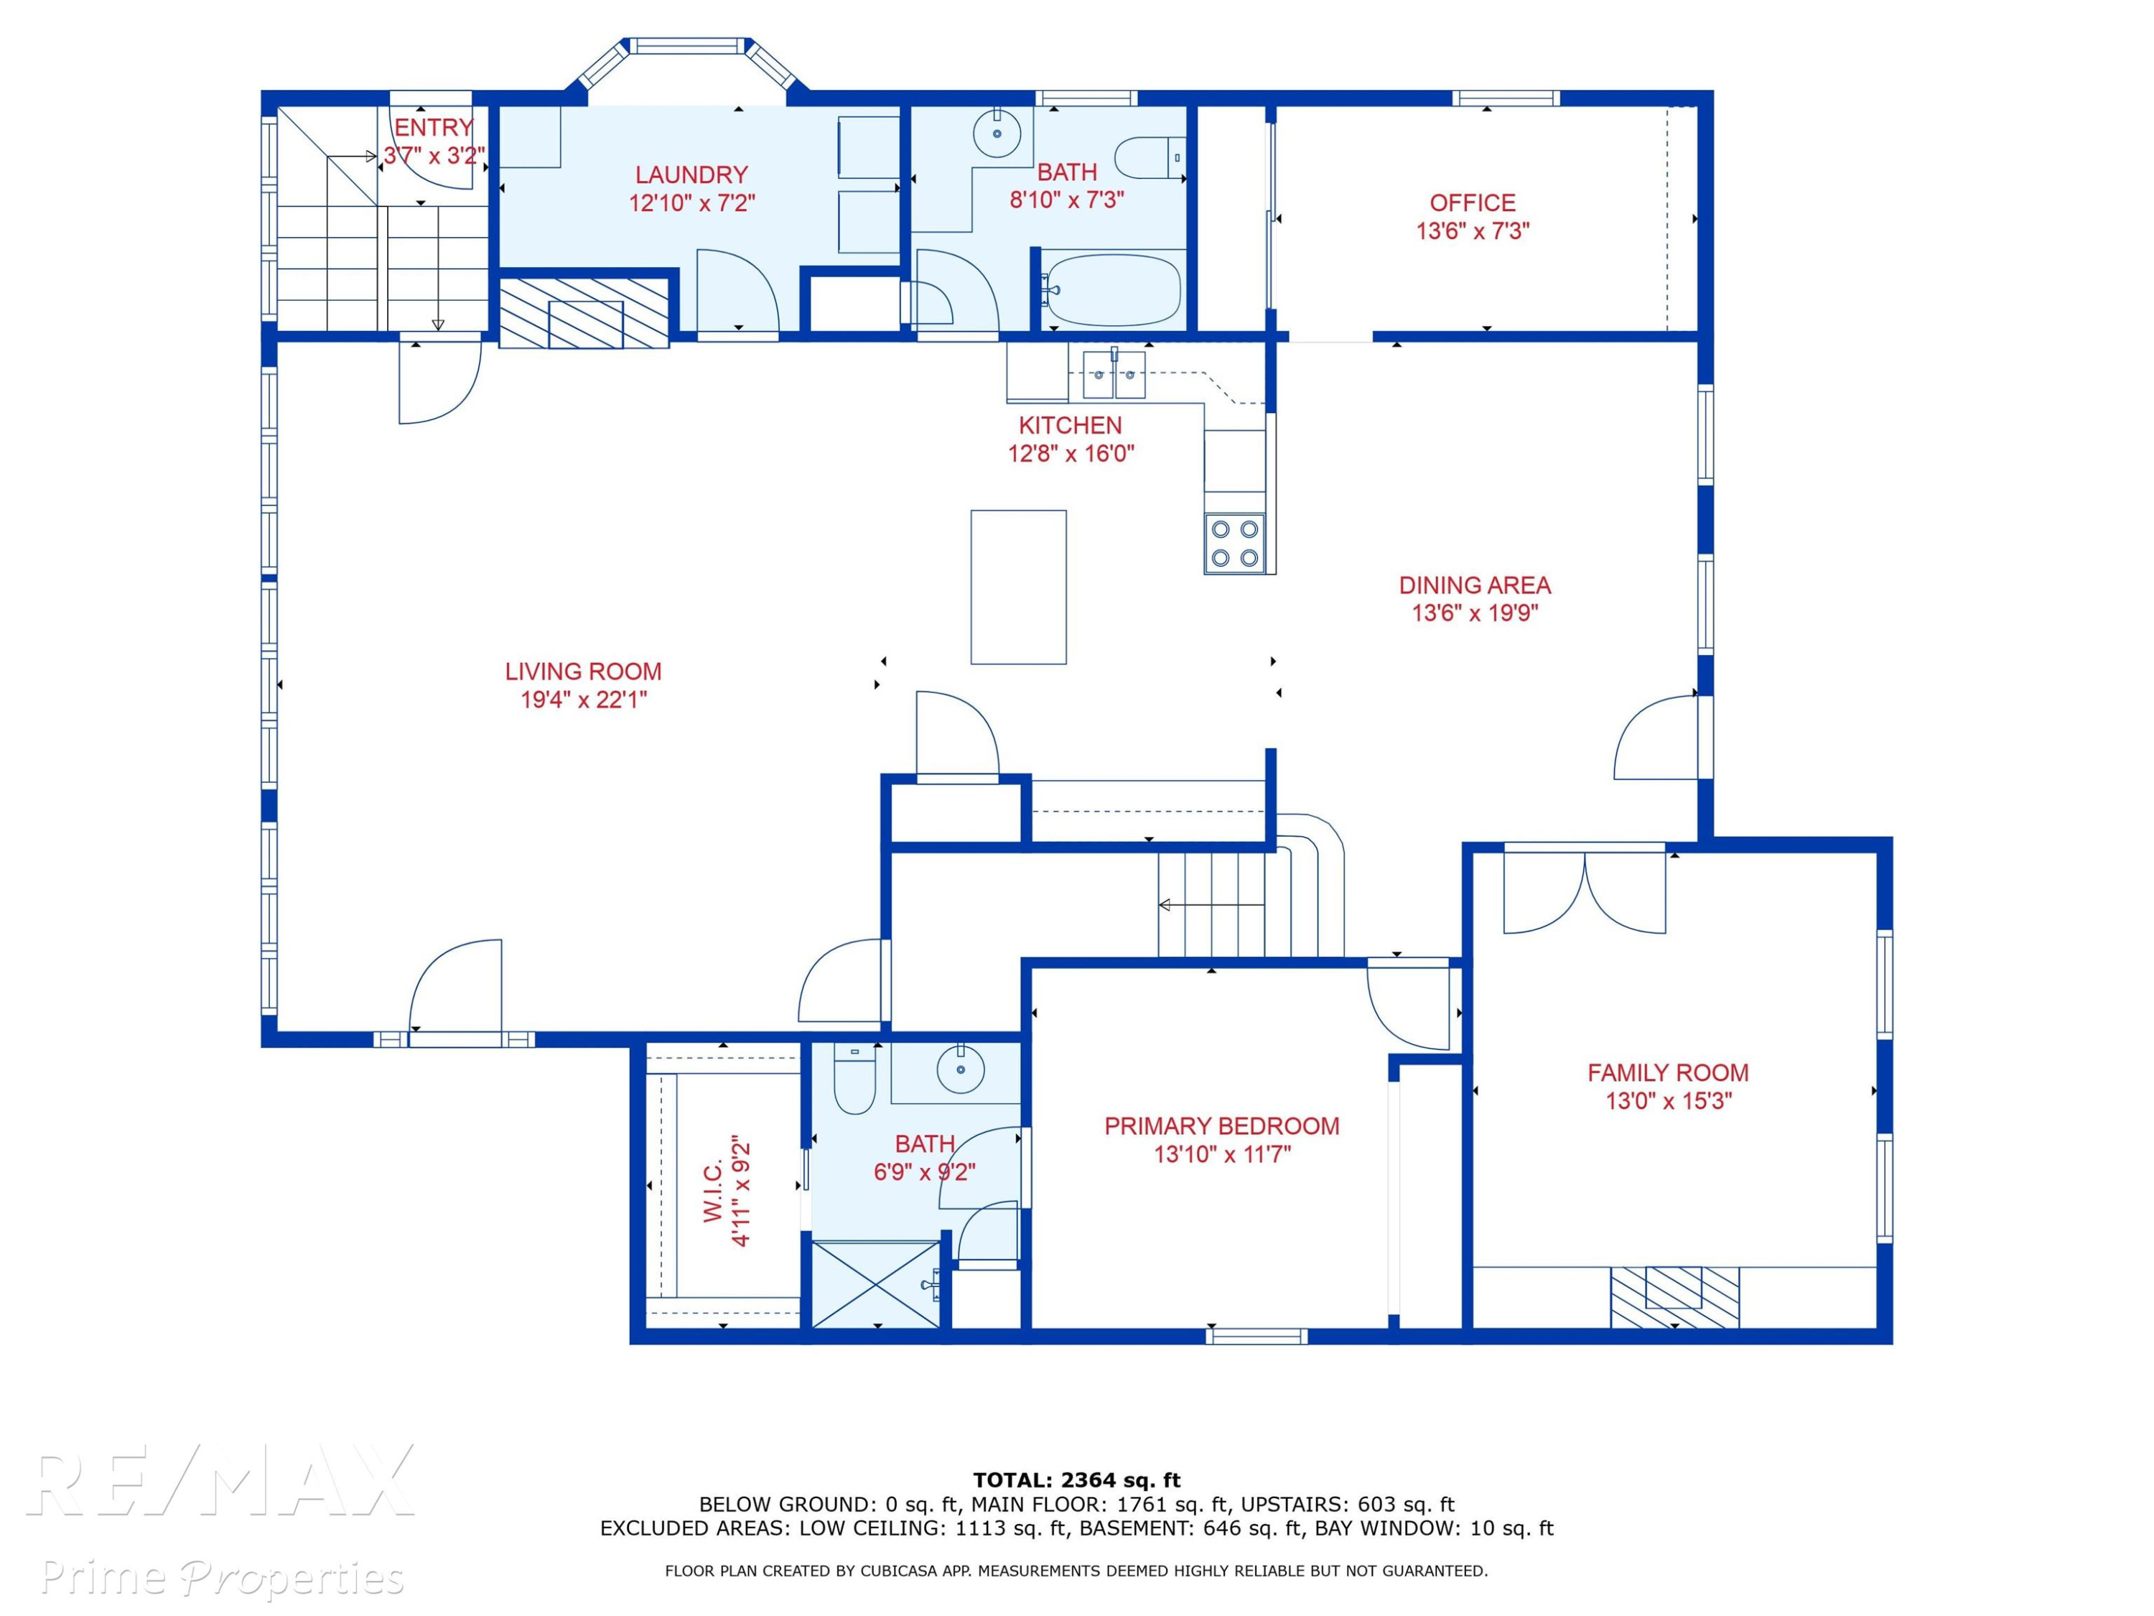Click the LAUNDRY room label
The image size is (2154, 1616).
point(691,175)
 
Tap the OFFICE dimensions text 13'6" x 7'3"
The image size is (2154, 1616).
point(1473,231)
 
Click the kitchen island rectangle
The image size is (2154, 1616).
point(1019,588)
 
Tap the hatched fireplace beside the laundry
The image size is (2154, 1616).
point(584,312)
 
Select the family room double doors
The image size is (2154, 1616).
point(1585,892)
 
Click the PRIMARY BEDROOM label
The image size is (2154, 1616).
point(1221,1126)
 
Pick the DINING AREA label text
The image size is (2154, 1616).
point(1474,585)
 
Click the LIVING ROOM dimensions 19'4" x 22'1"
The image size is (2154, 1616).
point(583,700)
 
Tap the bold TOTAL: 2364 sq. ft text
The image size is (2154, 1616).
point(1076,1480)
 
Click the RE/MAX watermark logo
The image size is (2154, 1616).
point(222,1482)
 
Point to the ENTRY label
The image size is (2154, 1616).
point(434,128)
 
